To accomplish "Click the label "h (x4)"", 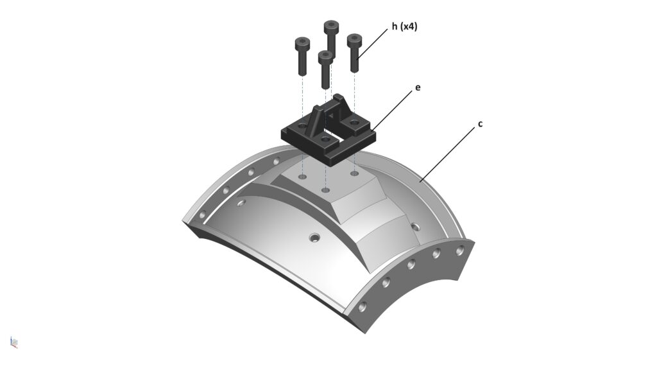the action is [404, 27].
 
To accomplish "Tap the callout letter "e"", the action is [417, 88].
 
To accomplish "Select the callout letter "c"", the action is [480, 124].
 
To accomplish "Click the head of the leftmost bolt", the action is [302, 42].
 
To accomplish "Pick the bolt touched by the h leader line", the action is [354, 53].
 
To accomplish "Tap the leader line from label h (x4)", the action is [373, 44].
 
